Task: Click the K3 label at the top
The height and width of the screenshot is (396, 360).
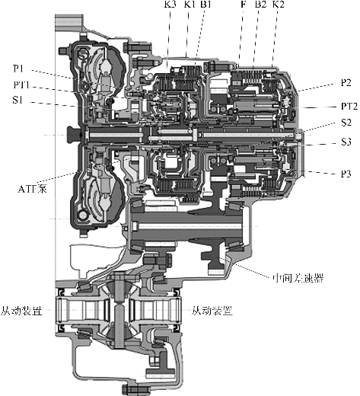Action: click(170, 4)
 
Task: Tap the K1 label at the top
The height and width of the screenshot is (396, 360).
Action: click(190, 4)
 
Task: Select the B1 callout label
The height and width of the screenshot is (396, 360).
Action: click(205, 4)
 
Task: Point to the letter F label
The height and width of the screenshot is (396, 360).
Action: click(243, 4)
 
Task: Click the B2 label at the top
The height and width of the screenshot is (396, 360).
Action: click(260, 4)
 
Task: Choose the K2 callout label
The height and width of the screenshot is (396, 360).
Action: click(279, 4)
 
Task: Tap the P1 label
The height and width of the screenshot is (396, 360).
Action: click(18, 69)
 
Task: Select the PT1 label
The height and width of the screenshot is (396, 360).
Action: click(21, 85)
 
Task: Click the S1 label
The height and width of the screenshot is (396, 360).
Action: click(18, 100)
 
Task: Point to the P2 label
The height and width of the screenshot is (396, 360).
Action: click(346, 83)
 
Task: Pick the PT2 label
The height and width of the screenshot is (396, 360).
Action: click(349, 106)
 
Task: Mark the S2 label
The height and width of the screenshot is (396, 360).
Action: click(346, 123)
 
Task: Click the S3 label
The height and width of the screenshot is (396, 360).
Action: click(346, 142)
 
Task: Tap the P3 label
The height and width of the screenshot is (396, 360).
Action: click(346, 174)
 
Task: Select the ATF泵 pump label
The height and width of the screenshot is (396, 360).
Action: click(33, 189)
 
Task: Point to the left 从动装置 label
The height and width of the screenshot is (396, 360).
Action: click(21, 311)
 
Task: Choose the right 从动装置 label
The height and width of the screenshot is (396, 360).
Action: click(212, 311)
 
